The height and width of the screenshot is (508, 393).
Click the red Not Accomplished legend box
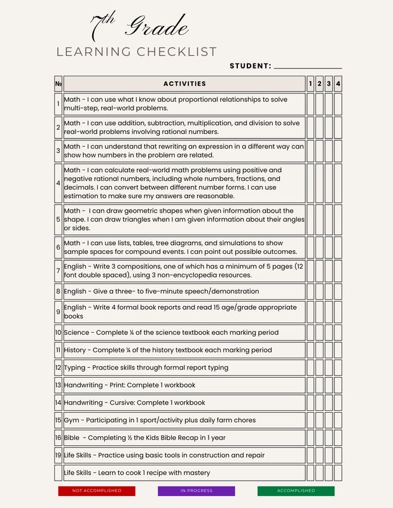pos(97,491)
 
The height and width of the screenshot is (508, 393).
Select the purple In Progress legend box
pos(197,491)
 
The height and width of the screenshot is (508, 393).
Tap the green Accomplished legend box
pos(296,491)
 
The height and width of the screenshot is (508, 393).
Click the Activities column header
pos(184,84)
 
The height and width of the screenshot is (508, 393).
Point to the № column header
pos(59,84)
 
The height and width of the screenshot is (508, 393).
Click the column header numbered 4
pos(338,84)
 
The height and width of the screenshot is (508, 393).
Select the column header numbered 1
pos(310,84)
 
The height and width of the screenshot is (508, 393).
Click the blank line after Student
pos(307,65)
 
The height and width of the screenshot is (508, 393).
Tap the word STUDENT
pos(250,66)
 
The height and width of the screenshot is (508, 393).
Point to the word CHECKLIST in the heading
pos(180,52)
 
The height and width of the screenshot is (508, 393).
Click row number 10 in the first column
pos(58,332)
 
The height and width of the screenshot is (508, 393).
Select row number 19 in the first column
pos(58,455)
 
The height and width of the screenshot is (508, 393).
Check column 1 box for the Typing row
pos(310,368)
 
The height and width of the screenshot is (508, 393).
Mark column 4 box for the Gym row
pos(338,420)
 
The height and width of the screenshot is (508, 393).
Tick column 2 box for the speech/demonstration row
pos(319,291)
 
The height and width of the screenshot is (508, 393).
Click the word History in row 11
pos(77,350)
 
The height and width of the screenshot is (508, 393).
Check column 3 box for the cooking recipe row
pos(329,473)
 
